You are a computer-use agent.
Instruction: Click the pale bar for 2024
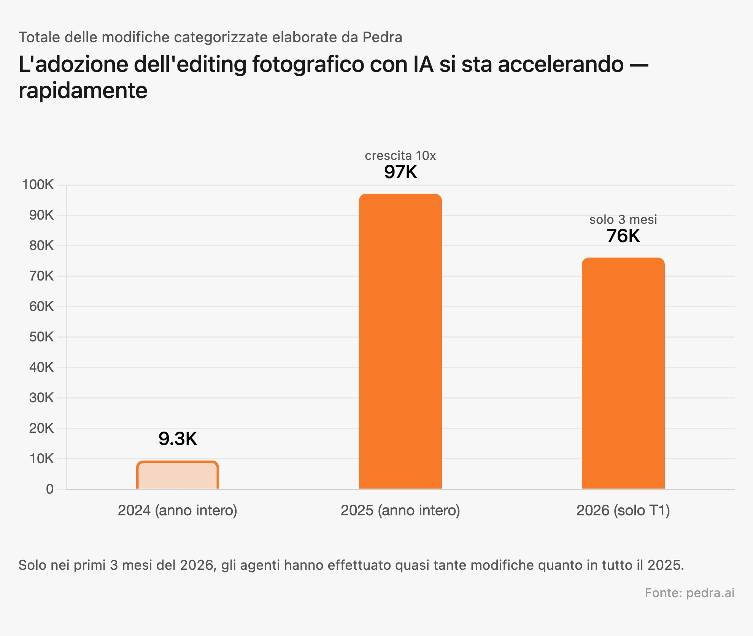(178, 475)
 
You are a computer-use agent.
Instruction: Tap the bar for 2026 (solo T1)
(623, 373)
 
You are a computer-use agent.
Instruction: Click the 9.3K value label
(178, 439)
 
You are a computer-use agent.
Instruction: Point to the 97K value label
(400, 172)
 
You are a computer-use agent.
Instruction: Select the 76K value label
(623, 236)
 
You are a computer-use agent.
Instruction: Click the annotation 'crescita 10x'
(400, 156)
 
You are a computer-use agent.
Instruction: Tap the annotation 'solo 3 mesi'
(623, 220)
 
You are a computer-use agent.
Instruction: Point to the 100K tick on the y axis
(38, 185)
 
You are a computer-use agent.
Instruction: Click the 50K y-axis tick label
(41, 337)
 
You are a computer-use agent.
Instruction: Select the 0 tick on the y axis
(50, 489)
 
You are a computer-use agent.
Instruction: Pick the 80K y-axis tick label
(41, 245)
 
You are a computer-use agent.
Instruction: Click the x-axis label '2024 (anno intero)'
(178, 510)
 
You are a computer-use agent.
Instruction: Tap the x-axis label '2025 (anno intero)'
(400, 510)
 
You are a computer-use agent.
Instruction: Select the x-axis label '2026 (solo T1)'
(623, 510)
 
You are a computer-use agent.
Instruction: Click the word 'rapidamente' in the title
(83, 91)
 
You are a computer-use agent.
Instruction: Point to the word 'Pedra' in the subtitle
(382, 37)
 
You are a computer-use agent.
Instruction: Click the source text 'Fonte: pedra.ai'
(689, 593)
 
